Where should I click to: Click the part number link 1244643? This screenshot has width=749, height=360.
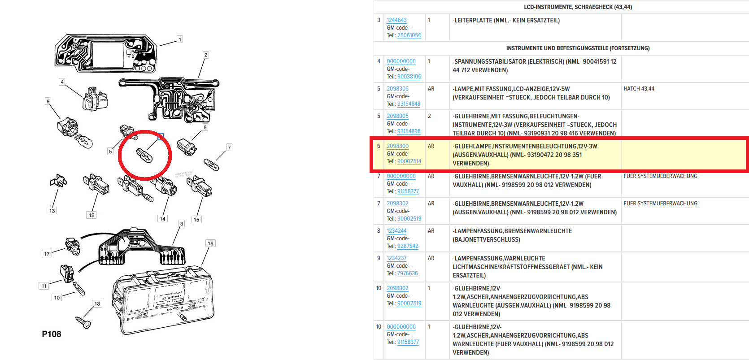pos(396,20)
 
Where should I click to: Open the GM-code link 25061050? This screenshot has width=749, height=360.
pos(409,35)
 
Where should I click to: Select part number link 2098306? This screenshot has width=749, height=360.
pos(397,89)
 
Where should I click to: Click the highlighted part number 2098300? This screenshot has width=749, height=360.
pos(397,146)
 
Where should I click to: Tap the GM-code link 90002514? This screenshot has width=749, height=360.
pos(409,161)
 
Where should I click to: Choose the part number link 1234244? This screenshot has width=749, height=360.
pos(396,230)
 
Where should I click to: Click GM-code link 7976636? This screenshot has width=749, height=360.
pos(408,273)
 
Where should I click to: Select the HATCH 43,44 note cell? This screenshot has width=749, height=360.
pos(639,89)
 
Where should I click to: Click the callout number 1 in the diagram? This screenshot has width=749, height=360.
pos(180,39)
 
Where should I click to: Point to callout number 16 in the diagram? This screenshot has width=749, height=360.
pos(210,243)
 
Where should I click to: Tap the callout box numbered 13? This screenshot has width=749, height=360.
pos(52,211)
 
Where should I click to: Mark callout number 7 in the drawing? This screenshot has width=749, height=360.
pos(229,147)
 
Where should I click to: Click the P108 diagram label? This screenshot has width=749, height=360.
pos(52,334)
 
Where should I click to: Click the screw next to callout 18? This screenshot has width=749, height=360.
pos(83,322)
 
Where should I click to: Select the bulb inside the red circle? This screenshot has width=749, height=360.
pos(144,156)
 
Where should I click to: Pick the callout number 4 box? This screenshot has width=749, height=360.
pos(62,82)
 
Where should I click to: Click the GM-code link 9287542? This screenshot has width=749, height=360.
pos(408,246)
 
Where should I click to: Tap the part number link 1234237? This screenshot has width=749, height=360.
pos(396,258)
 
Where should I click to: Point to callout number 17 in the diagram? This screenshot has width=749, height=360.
pos(47,254)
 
